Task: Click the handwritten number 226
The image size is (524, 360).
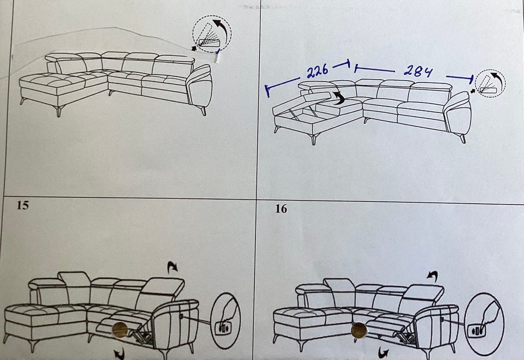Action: point(318,71)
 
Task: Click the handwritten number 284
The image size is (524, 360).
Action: point(418,70)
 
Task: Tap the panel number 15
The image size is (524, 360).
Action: point(23,205)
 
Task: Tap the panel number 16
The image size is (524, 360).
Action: point(281,209)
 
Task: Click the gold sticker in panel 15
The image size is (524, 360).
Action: point(120,330)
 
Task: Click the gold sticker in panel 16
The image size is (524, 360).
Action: point(359,331)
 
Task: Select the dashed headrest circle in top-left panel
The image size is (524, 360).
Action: point(212,34)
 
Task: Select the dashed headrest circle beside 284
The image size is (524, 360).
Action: point(490,83)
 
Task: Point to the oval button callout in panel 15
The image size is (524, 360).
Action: point(226,321)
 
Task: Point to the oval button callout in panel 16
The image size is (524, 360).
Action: point(484,324)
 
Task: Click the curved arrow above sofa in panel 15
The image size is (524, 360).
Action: point(173,267)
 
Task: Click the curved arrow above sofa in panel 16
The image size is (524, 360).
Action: point(432,275)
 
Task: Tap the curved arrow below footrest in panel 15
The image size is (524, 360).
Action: point(119,353)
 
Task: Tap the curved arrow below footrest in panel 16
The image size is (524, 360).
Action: point(383,352)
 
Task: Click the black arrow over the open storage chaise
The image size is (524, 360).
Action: point(339,99)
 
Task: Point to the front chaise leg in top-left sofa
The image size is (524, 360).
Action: point(59,111)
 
